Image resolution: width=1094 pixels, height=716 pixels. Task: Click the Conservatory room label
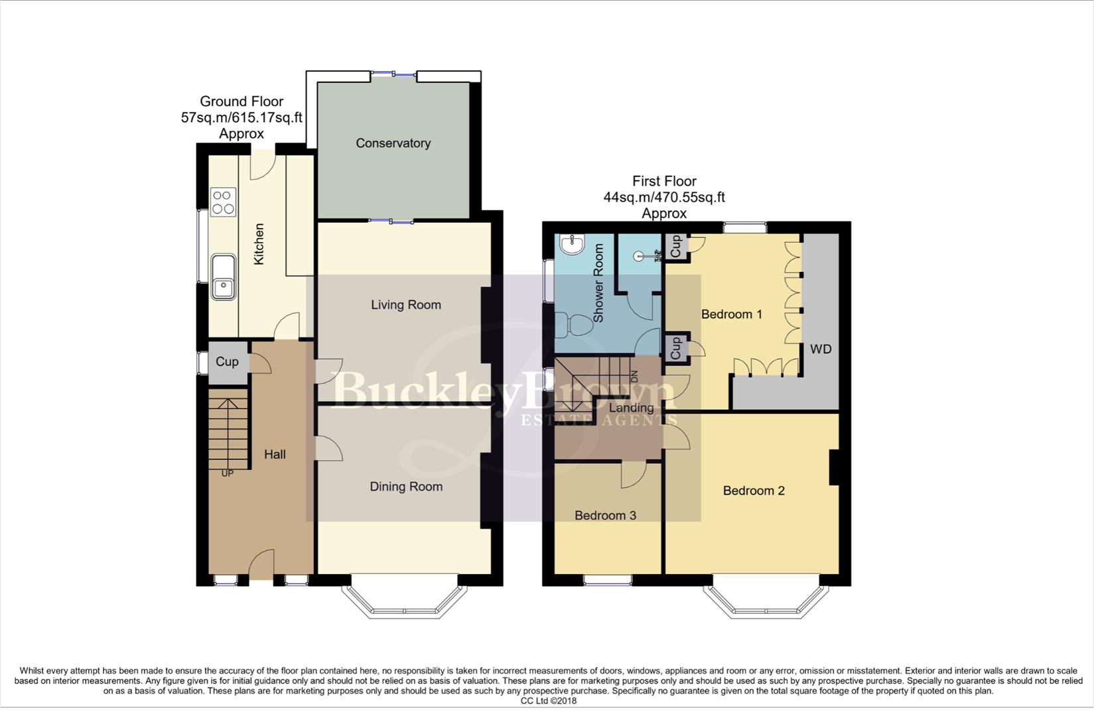[x=393, y=143]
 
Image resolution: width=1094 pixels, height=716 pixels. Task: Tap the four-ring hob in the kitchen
[x=223, y=202]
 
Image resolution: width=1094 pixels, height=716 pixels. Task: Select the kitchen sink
[x=224, y=277]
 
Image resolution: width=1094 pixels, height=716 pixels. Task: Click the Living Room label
[x=405, y=305]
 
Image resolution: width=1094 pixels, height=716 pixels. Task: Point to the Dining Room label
[x=405, y=487]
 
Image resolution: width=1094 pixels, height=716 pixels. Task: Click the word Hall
[x=275, y=454]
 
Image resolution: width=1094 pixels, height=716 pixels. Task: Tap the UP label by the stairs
[x=228, y=473]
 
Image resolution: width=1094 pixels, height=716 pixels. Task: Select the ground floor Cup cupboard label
[x=227, y=361]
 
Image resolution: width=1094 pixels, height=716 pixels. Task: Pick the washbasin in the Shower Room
[x=571, y=245]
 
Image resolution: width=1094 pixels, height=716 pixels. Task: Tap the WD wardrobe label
[x=821, y=349]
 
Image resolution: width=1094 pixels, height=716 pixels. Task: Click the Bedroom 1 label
[x=732, y=314]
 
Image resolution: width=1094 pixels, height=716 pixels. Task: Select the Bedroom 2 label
[x=754, y=491]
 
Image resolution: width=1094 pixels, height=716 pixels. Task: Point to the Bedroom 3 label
[x=605, y=515]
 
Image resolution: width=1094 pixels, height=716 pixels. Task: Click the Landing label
[x=632, y=408]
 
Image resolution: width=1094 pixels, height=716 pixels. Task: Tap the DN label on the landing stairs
[x=634, y=377]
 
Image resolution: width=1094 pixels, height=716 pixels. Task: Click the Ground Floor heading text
[x=241, y=101]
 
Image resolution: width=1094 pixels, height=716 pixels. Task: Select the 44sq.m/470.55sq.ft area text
[x=663, y=197]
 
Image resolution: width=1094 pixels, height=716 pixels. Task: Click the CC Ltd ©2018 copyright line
[x=548, y=701]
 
